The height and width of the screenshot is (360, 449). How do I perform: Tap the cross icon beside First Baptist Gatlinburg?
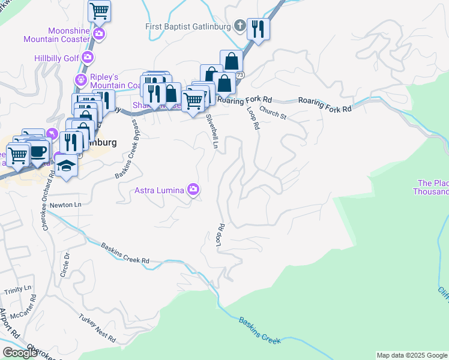pos(240,26)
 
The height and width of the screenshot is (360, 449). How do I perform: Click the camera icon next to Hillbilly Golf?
pos(88,58)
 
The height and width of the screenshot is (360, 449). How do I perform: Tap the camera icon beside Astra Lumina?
pos(193,190)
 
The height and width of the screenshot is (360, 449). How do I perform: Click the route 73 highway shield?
pos(240,75)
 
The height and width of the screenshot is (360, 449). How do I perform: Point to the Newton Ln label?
pos(65,205)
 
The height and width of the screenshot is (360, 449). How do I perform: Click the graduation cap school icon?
pos(67,167)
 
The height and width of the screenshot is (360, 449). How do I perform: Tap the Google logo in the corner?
pos(19,353)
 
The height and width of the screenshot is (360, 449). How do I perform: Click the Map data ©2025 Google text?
pos(412,355)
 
